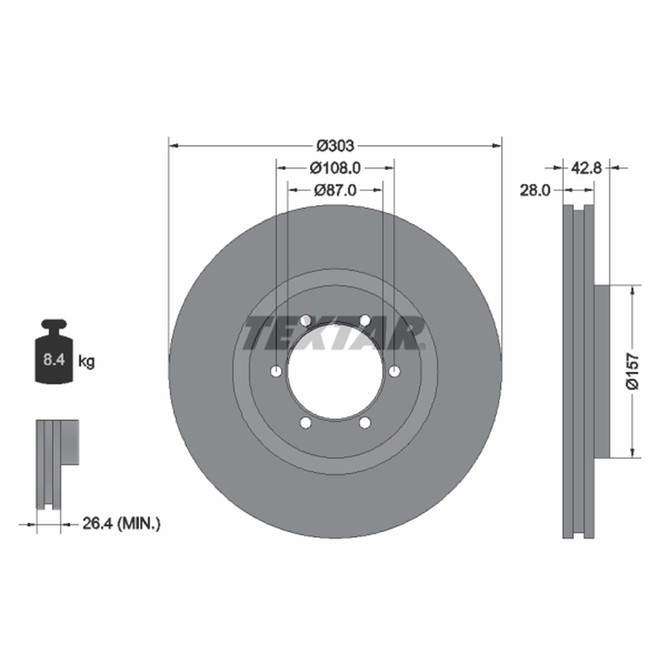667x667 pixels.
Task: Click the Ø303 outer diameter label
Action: click(x=335, y=146)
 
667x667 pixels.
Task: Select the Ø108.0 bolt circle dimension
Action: click(x=335, y=168)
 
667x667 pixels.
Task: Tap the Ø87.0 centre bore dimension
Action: click(x=335, y=190)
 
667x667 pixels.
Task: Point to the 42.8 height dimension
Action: click(x=586, y=168)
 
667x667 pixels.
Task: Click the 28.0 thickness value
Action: click(x=534, y=190)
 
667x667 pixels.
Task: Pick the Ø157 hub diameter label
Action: click(x=633, y=371)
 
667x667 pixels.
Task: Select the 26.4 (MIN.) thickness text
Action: click(x=121, y=524)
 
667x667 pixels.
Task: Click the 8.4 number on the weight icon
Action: click(x=53, y=360)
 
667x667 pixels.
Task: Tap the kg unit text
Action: click(x=87, y=362)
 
